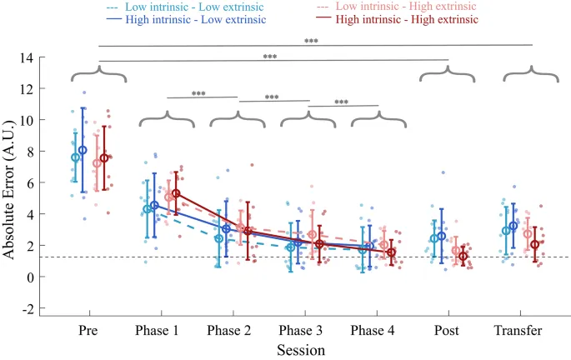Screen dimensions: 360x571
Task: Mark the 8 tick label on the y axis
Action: pyautogui.click(x=39, y=152)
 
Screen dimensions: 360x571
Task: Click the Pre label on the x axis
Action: pyautogui.click(x=89, y=331)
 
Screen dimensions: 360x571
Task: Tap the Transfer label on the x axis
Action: pyautogui.click(x=518, y=331)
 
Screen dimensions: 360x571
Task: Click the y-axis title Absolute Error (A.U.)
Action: pyautogui.click(x=14, y=183)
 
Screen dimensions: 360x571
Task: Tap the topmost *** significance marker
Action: pyautogui.click(x=311, y=40)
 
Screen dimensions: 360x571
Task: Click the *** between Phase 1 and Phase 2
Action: pyautogui.click(x=200, y=94)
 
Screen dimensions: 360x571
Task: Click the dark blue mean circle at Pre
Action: pyautogui.click(x=83, y=150)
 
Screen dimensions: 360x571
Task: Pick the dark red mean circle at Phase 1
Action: pyautogui.click(x=176, y=193)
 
